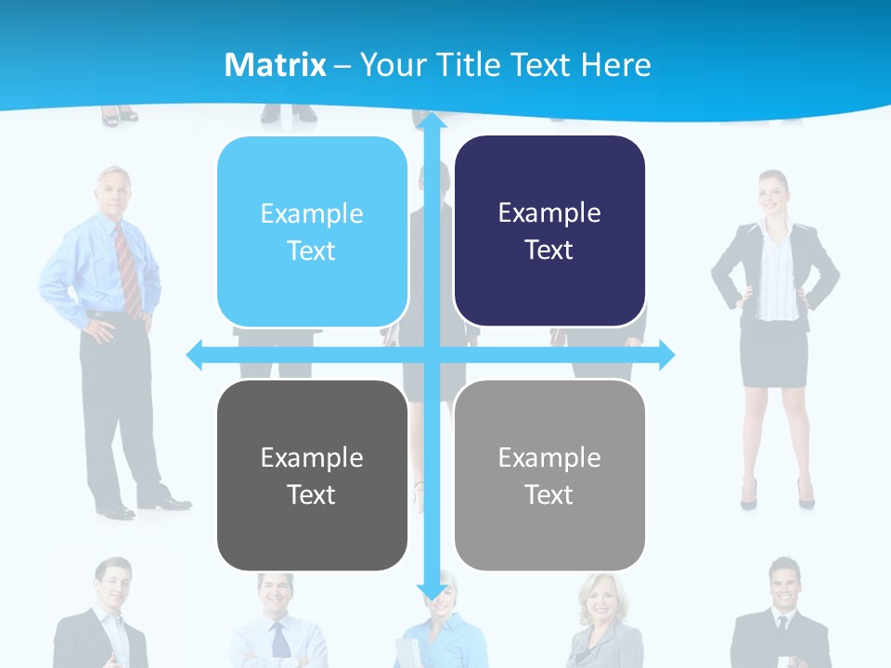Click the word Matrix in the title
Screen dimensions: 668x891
(x=276, y=65)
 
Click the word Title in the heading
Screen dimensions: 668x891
(x=474, y=65)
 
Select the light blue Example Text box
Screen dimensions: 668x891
(x=312, y=232)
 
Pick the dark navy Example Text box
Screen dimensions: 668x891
(x=549, y=231)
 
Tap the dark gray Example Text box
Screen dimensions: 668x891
(x=312, y=476)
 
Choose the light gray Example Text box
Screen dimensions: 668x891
(x=549, y=476)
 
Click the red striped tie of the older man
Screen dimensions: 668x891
(x=128, y=269)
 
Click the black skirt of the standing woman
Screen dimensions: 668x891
(x=774, y=353)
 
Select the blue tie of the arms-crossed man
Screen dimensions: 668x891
(x=279, y=639)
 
